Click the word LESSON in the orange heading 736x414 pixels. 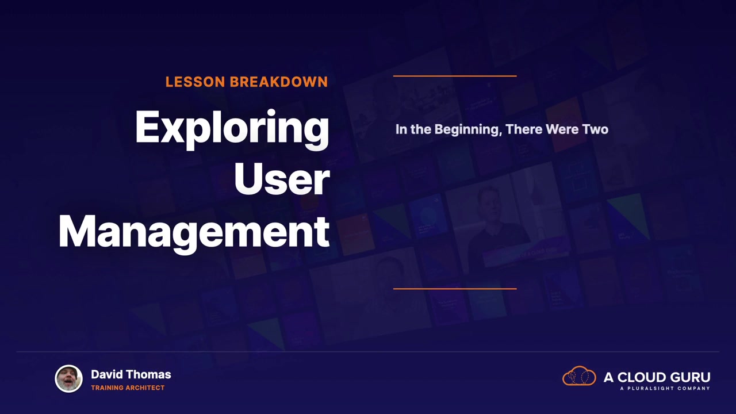tap(195, 82)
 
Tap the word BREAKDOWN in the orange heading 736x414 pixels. tap(279, 82)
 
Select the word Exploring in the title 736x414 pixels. tap(232, 129)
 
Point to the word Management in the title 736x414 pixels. tap(194, 233)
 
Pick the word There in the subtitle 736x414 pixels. tap(524, 129)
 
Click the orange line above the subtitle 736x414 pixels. tap(455, 76)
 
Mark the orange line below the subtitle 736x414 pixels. tap(455, 289)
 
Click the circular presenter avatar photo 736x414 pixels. tap(68, 378)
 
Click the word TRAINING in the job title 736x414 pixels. tap(107, 388)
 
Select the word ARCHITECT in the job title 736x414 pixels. tap(145, 388)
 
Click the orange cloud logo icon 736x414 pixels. tap(579, 375)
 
